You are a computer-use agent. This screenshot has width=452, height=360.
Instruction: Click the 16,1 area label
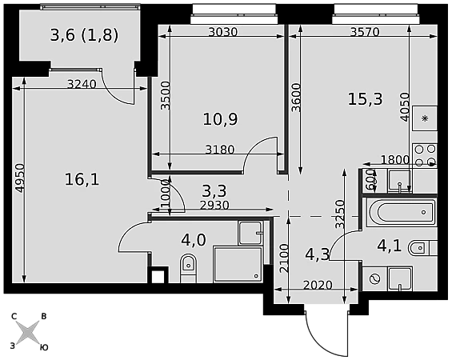82,179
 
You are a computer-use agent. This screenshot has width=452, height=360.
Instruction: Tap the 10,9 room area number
221,119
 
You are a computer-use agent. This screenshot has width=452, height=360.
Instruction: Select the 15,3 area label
366,99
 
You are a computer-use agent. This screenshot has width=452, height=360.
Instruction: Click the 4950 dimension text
20,178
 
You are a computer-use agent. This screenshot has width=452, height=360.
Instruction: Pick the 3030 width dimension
223,32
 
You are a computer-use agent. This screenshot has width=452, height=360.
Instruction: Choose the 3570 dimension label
365,32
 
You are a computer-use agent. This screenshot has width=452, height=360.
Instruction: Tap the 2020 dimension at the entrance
318,285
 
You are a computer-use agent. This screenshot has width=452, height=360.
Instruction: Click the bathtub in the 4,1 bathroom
401,212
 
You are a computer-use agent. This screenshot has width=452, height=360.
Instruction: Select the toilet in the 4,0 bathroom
188,268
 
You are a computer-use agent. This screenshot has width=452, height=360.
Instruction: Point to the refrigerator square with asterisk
425,118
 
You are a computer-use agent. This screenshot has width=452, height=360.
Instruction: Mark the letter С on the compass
14,317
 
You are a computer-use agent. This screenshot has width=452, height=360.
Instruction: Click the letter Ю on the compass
43,348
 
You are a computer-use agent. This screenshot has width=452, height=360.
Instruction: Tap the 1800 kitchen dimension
395,159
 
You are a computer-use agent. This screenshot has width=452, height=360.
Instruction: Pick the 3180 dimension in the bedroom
220,150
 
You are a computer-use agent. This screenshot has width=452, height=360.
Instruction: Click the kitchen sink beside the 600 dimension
399,181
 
